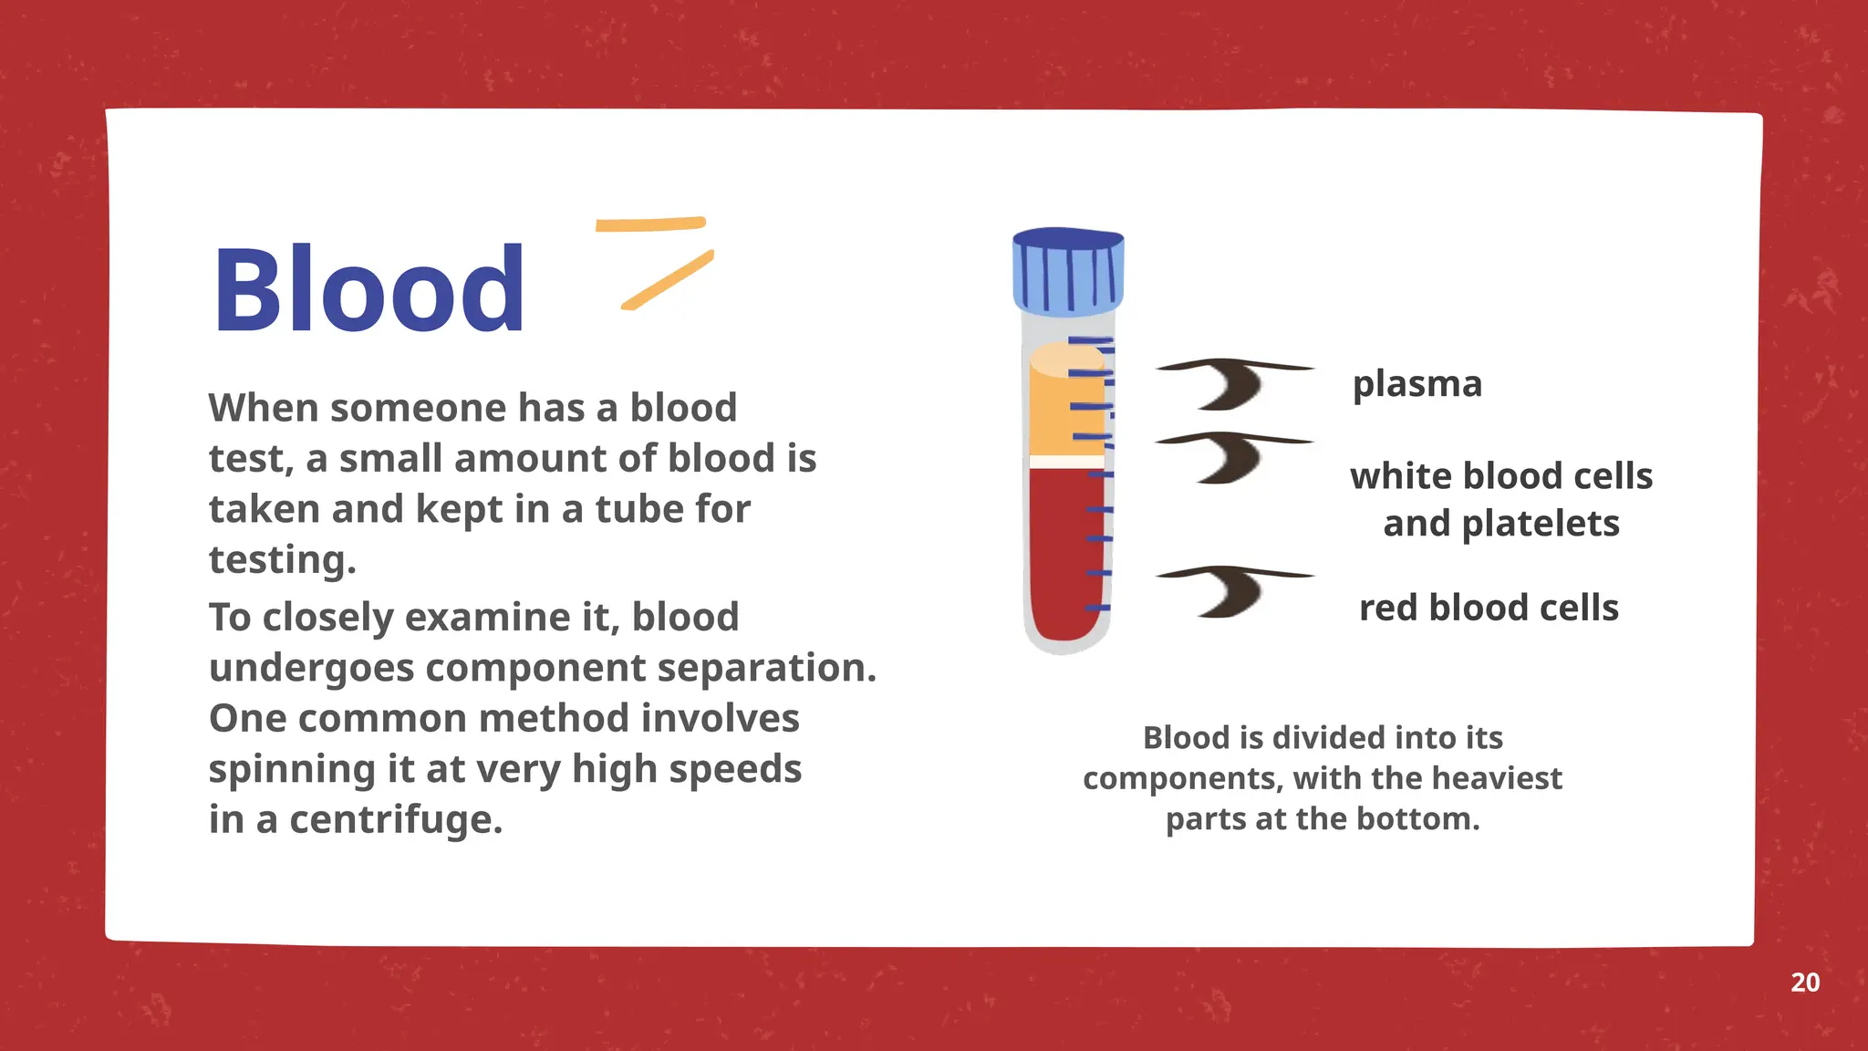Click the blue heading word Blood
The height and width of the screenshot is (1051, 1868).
click(368, 290)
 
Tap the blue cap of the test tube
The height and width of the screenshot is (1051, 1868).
click(1068, 271)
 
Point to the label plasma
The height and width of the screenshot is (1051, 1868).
click(1417, 384)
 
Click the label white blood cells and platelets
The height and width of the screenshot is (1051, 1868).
click(1501, 499)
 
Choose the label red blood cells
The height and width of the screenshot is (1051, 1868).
click(1489, 608)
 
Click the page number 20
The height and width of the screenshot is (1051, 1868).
click(1805, 983)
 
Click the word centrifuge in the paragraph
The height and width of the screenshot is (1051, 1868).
click(396, 819)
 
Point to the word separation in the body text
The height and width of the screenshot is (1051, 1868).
click(766, 668)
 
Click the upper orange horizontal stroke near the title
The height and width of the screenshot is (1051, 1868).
click(650, 224)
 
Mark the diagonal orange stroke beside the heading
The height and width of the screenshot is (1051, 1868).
click(668, 280)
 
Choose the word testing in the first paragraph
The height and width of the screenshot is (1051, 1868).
click(282, 559)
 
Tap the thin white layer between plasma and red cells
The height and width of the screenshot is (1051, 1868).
click(1065, 463)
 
